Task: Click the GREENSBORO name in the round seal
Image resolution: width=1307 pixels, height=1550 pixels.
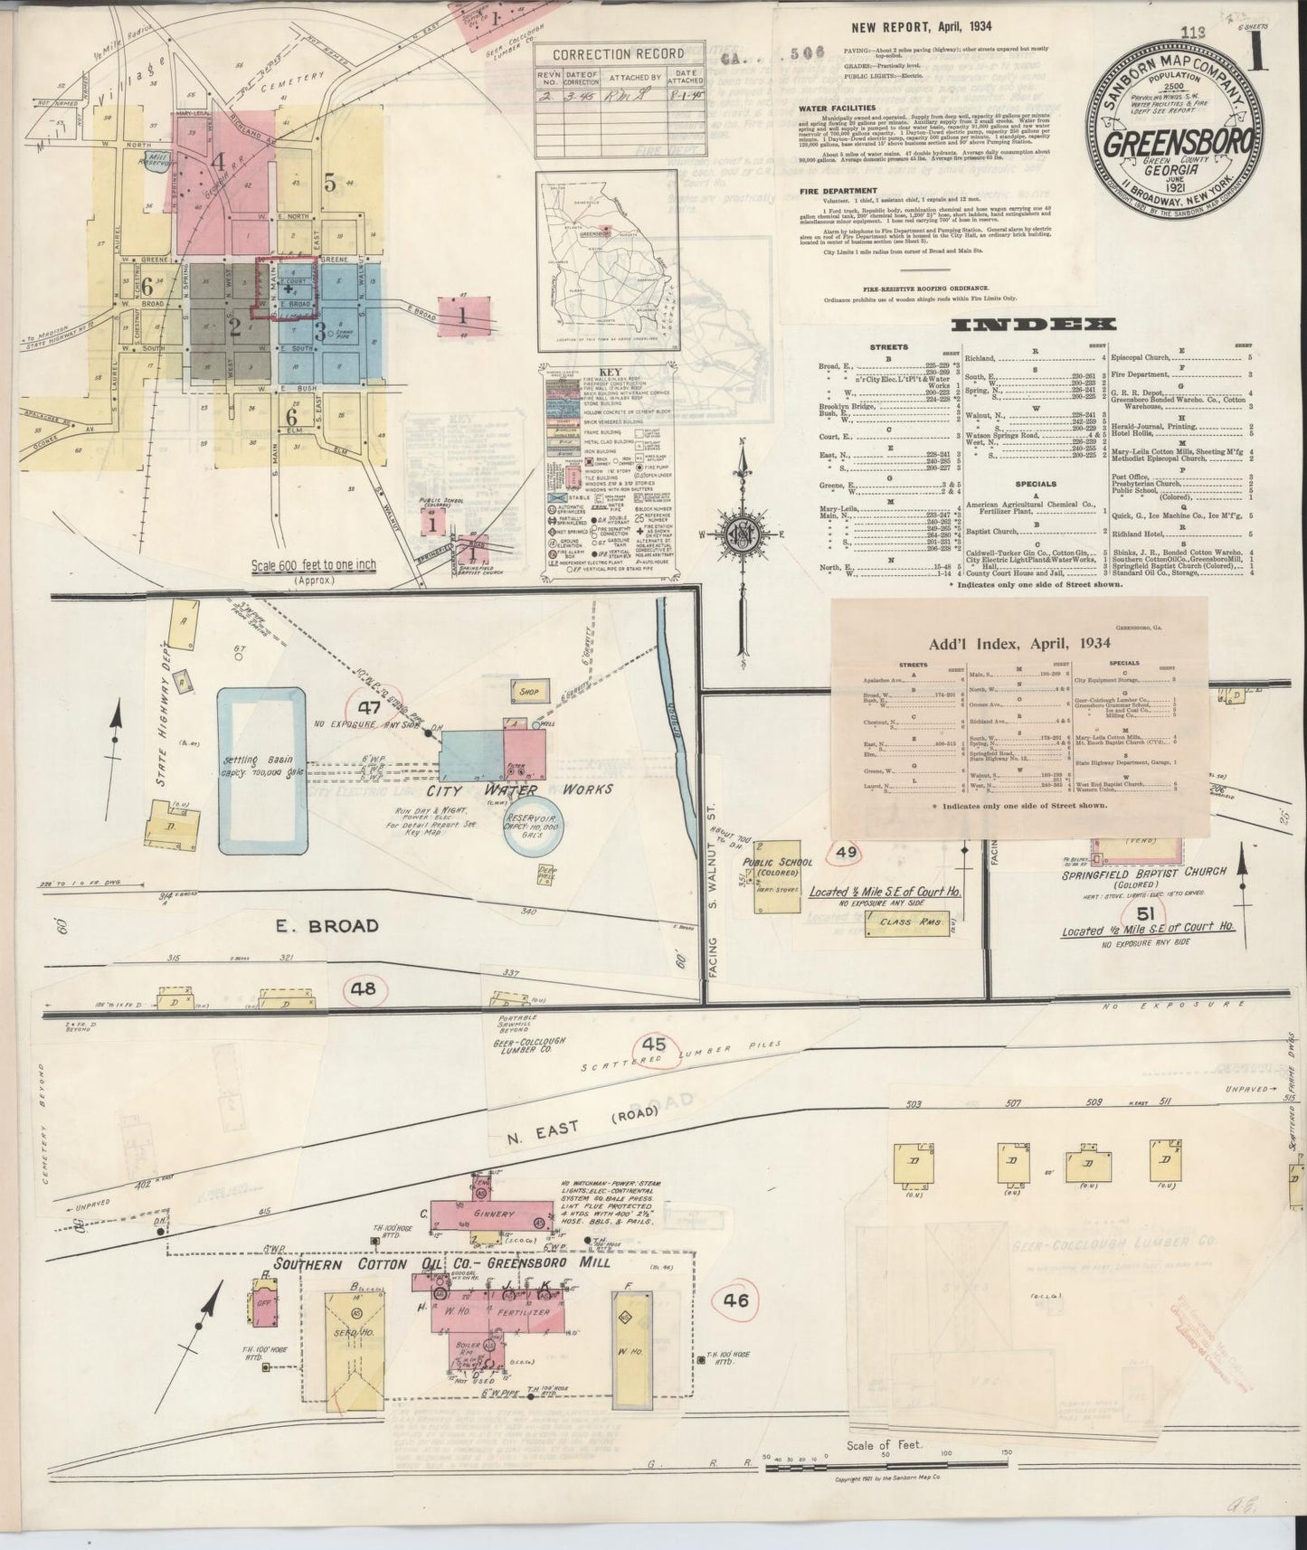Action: (1179, 144)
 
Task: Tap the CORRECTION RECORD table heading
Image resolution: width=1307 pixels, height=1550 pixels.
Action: (618, 54)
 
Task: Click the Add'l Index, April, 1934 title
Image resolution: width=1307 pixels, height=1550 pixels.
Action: (1019, 644)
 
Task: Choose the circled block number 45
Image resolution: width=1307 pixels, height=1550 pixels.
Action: (655, 1044)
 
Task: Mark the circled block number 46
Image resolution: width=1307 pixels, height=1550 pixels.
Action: (736, 1301)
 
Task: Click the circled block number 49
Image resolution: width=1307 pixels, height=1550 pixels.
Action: (847, 853)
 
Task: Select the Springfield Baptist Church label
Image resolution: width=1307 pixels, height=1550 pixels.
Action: (1144, 871)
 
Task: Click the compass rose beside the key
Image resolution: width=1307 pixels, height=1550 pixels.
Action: (742, 533)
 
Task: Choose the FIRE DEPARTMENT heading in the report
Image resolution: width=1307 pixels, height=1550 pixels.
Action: (838, 191)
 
